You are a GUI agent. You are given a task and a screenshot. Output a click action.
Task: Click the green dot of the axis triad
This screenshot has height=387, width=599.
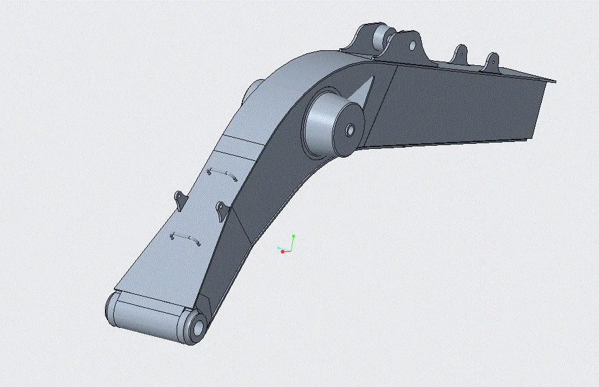pos(294,237)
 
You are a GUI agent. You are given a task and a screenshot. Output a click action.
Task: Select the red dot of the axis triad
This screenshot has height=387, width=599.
pos(283,251)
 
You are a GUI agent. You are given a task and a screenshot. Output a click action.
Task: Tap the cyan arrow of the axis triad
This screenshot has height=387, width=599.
pos(278,248)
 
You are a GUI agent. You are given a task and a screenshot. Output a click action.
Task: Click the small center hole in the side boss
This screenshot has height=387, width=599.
pos(350,131)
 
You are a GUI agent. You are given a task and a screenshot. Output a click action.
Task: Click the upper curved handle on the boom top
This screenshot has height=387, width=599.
pos(222,173)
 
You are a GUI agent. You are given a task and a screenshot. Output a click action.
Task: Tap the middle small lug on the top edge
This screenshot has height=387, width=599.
pos(461,53)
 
